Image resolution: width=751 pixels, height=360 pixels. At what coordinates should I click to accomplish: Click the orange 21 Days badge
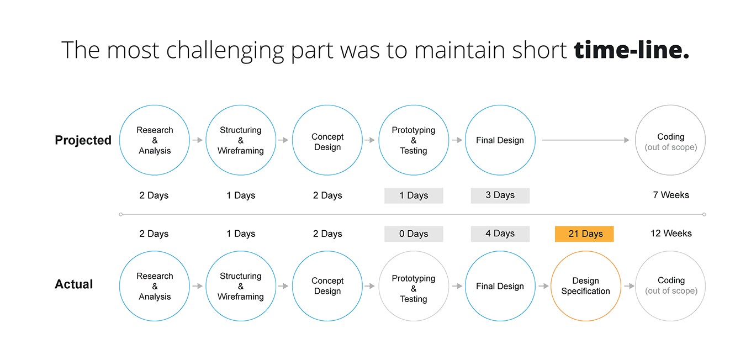[584, 234]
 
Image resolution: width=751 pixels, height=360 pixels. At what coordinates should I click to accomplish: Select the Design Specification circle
[586, 286]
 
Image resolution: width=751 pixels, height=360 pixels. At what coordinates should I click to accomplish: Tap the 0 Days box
[414, 234]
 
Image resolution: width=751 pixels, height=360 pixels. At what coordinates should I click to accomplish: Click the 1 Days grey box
[414, 195]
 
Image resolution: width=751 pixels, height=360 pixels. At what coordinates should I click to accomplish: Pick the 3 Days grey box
[500, 195]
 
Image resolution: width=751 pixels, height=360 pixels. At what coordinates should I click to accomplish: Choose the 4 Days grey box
[500, 234]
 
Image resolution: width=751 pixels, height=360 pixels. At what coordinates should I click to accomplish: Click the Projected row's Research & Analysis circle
[155, 140]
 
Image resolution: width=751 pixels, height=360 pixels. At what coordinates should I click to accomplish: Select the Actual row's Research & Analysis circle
[155, 286]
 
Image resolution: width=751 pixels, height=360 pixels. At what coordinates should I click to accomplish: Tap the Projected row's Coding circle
[670, 140]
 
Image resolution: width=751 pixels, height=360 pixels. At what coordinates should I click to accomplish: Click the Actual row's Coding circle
[670, 286]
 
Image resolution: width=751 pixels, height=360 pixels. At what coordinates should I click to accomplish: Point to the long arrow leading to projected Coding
[585, 140]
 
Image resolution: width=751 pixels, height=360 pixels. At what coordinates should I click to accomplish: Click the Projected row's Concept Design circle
[327, 140]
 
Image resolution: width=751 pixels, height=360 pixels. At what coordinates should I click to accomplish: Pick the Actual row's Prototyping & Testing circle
[414, 286]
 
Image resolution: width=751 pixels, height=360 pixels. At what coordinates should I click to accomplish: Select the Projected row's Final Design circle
[500, 140]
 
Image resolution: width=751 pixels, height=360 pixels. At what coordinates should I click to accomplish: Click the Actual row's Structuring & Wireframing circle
[241, 286]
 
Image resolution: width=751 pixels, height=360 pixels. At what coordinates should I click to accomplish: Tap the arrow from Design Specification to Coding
[629, 286]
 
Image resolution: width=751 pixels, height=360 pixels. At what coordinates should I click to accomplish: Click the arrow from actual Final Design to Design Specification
[543, 286]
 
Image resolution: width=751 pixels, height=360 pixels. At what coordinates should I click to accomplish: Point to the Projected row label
[83, 140]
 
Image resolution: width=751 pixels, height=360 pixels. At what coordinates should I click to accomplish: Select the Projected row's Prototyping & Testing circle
[414, 140]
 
